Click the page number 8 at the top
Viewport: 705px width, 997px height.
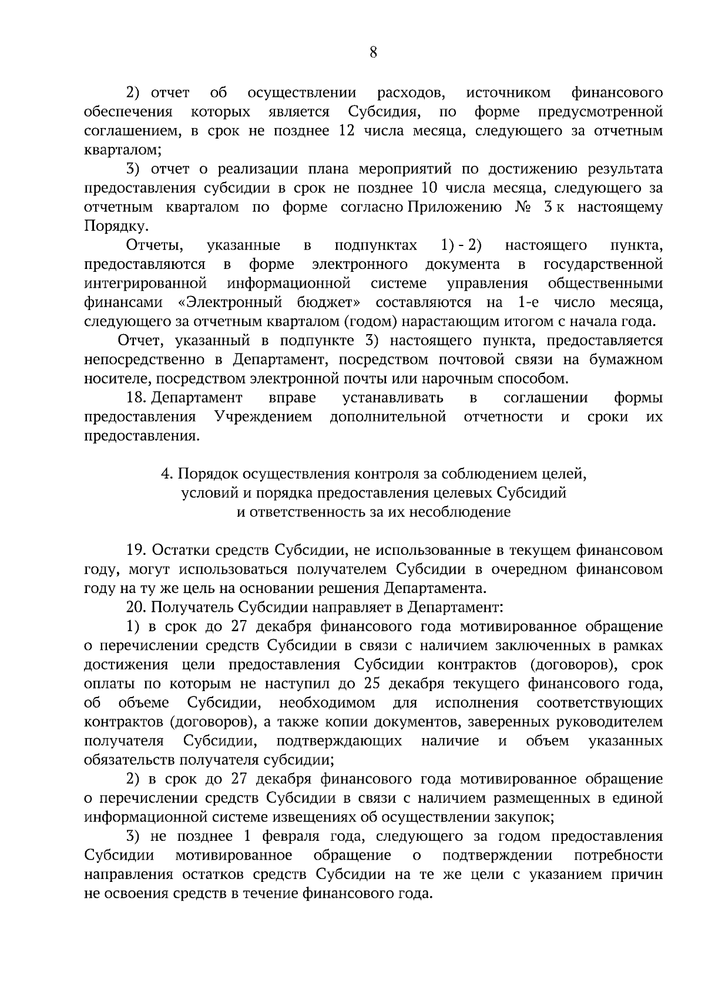pos(373,53)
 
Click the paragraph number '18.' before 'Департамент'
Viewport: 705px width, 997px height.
pos(136,398)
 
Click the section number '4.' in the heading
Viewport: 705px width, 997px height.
pos(166,474)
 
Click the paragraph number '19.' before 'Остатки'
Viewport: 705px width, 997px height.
pos(136,551)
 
